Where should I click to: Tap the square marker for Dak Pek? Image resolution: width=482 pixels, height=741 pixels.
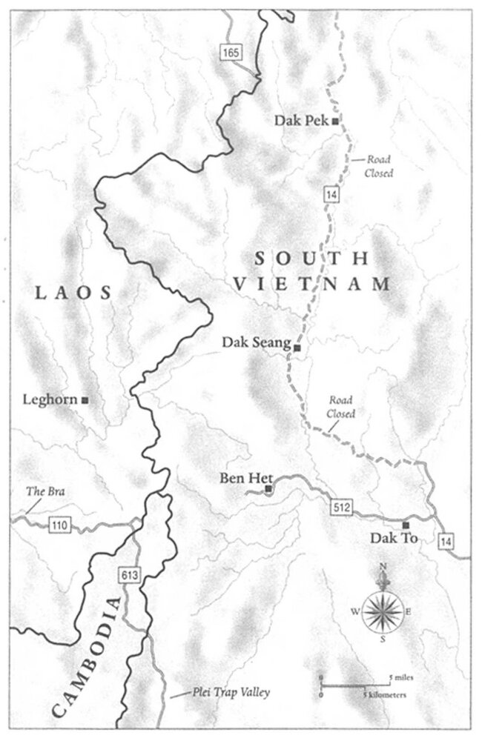tap(335, 120)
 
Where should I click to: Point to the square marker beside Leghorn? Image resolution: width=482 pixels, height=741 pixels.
tap(85, 400)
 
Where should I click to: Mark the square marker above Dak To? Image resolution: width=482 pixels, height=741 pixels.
tap(405, 525)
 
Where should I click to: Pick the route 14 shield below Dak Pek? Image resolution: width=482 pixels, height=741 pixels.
tap(328, 196)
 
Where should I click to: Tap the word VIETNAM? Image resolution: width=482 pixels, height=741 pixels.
tap(311, 284)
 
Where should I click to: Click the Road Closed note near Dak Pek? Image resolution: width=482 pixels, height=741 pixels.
tap(374, 166)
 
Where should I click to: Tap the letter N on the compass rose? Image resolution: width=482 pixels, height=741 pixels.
tap(383, 567)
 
